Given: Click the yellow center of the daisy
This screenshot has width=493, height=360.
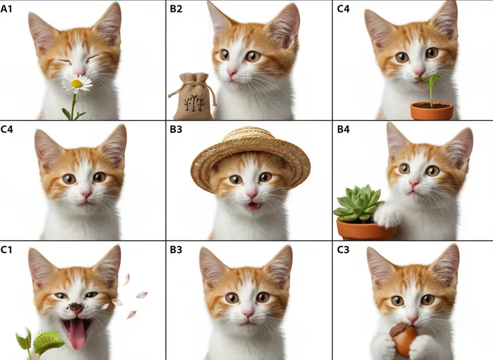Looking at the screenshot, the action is [x=77, y=84].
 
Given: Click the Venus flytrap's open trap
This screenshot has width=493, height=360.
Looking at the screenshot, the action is [x=48, y=341].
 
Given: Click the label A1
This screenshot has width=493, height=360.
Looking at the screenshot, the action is [x=6, y=9].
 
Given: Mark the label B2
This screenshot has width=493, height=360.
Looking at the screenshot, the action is [x=176, y=9].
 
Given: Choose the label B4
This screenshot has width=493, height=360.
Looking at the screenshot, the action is [x=343, y=129].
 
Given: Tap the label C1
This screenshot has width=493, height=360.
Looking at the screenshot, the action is [x=6, y=249].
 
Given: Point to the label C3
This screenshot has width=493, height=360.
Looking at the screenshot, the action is [x=343, y=249].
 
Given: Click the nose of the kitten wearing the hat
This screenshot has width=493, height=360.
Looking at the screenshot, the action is [x=252, y=195].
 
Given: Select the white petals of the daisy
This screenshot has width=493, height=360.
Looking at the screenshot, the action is [x=77, y=84].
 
